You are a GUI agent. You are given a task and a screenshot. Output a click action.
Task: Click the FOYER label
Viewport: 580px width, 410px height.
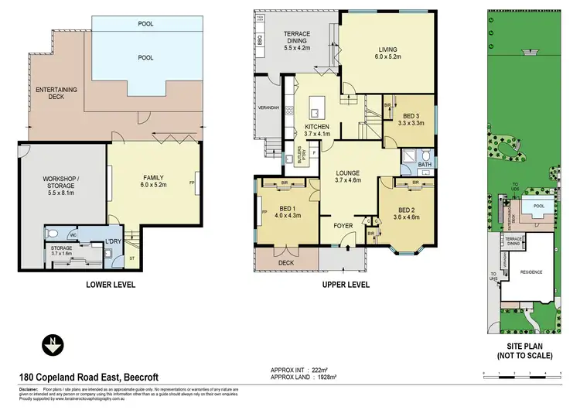tap(343, 226)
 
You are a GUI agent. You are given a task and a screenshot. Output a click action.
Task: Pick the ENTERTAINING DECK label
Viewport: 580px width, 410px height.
tap(56, 95)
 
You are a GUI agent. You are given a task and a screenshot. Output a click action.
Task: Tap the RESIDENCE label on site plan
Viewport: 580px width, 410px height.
tap(531, 272)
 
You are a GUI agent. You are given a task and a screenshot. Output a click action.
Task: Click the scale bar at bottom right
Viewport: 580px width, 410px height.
tap(520, 374)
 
